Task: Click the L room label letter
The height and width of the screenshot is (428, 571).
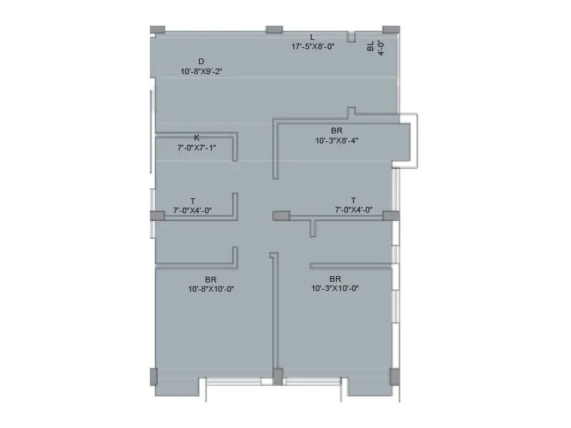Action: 313,36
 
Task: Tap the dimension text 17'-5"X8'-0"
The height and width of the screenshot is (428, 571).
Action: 313,46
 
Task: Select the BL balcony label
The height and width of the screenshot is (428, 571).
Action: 370,46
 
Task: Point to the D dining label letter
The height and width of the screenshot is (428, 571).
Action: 201,61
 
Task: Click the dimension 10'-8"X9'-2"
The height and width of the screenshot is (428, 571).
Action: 201,71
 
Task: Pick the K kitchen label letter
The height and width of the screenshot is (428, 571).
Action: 196,137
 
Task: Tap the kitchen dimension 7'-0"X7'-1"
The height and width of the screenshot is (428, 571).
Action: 196,148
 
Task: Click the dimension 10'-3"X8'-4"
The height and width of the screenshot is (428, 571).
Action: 336,141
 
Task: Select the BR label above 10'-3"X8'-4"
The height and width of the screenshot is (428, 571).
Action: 336,131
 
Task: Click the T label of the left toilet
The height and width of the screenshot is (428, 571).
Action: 192,200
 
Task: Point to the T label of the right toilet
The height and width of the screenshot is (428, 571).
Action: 353,200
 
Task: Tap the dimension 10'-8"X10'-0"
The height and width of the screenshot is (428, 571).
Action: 211,289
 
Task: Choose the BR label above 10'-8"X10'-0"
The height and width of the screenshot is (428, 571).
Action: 211,279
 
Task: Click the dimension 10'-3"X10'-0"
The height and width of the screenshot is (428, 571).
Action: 335,289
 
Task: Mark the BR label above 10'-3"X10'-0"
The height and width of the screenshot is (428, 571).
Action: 335,279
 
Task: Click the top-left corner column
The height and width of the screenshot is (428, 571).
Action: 158,30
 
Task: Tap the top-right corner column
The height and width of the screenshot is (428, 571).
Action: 391,30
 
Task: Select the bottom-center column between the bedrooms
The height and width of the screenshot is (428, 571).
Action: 278,376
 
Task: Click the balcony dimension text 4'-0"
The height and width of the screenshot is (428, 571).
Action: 381,47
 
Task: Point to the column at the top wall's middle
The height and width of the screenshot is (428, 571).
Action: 274,30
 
